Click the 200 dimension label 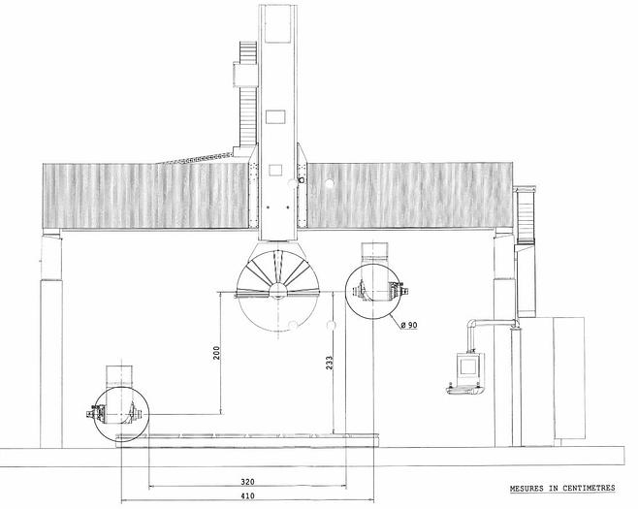(216, 352)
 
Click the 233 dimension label (329, 363)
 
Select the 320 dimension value (247, 482)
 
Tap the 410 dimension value (247, 496)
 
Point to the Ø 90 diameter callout (409, 325)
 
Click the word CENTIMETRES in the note (589, 488)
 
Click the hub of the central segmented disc (278, 291)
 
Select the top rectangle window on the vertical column (278, 23)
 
